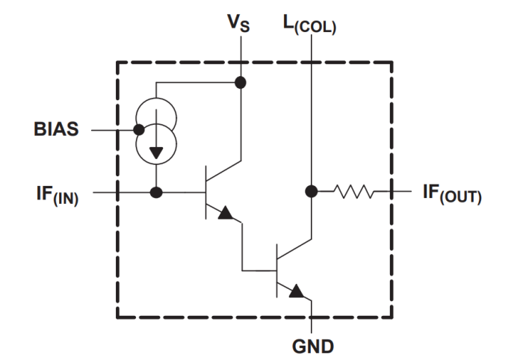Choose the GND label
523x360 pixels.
pos(313,346)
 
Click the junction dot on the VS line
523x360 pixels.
pos(241,82)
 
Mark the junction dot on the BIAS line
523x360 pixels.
pos(139,129)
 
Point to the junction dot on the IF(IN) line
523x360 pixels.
pos(155,192)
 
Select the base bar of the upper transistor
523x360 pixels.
pos(206,193)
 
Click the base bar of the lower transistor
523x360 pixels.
pos(277,269)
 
